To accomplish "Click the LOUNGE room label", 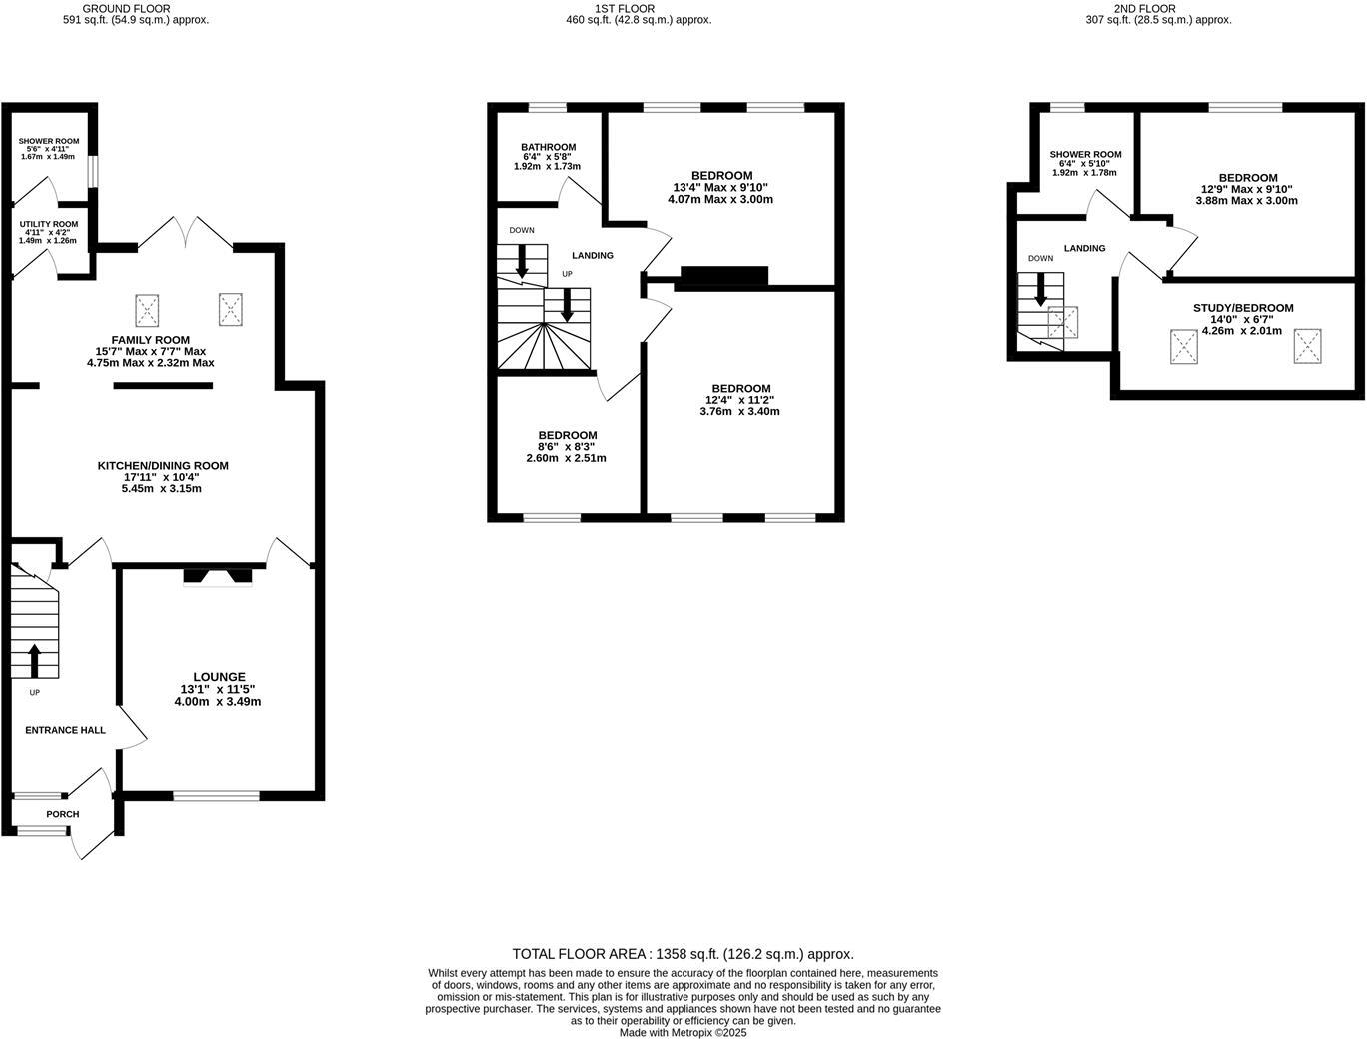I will (219, 677).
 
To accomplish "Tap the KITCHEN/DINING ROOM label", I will (163, 466).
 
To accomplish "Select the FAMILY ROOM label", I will (151, 340).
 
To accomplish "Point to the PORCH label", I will (63, 814).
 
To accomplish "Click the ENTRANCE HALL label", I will (65, 730).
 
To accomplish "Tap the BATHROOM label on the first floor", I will (548, 147).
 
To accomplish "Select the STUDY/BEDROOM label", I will (1243, 308).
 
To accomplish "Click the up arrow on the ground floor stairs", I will (34, 661).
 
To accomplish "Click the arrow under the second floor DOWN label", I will (1040, 290).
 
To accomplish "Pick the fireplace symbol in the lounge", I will (217, 576).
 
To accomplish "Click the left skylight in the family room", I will (148, 309).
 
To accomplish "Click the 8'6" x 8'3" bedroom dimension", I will (567, 447).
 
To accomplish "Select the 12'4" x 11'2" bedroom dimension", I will (740, 400).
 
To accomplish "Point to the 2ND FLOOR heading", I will (1144, 8).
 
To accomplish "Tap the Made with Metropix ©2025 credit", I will (683, 1033).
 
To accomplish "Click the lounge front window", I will (216, 796).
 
